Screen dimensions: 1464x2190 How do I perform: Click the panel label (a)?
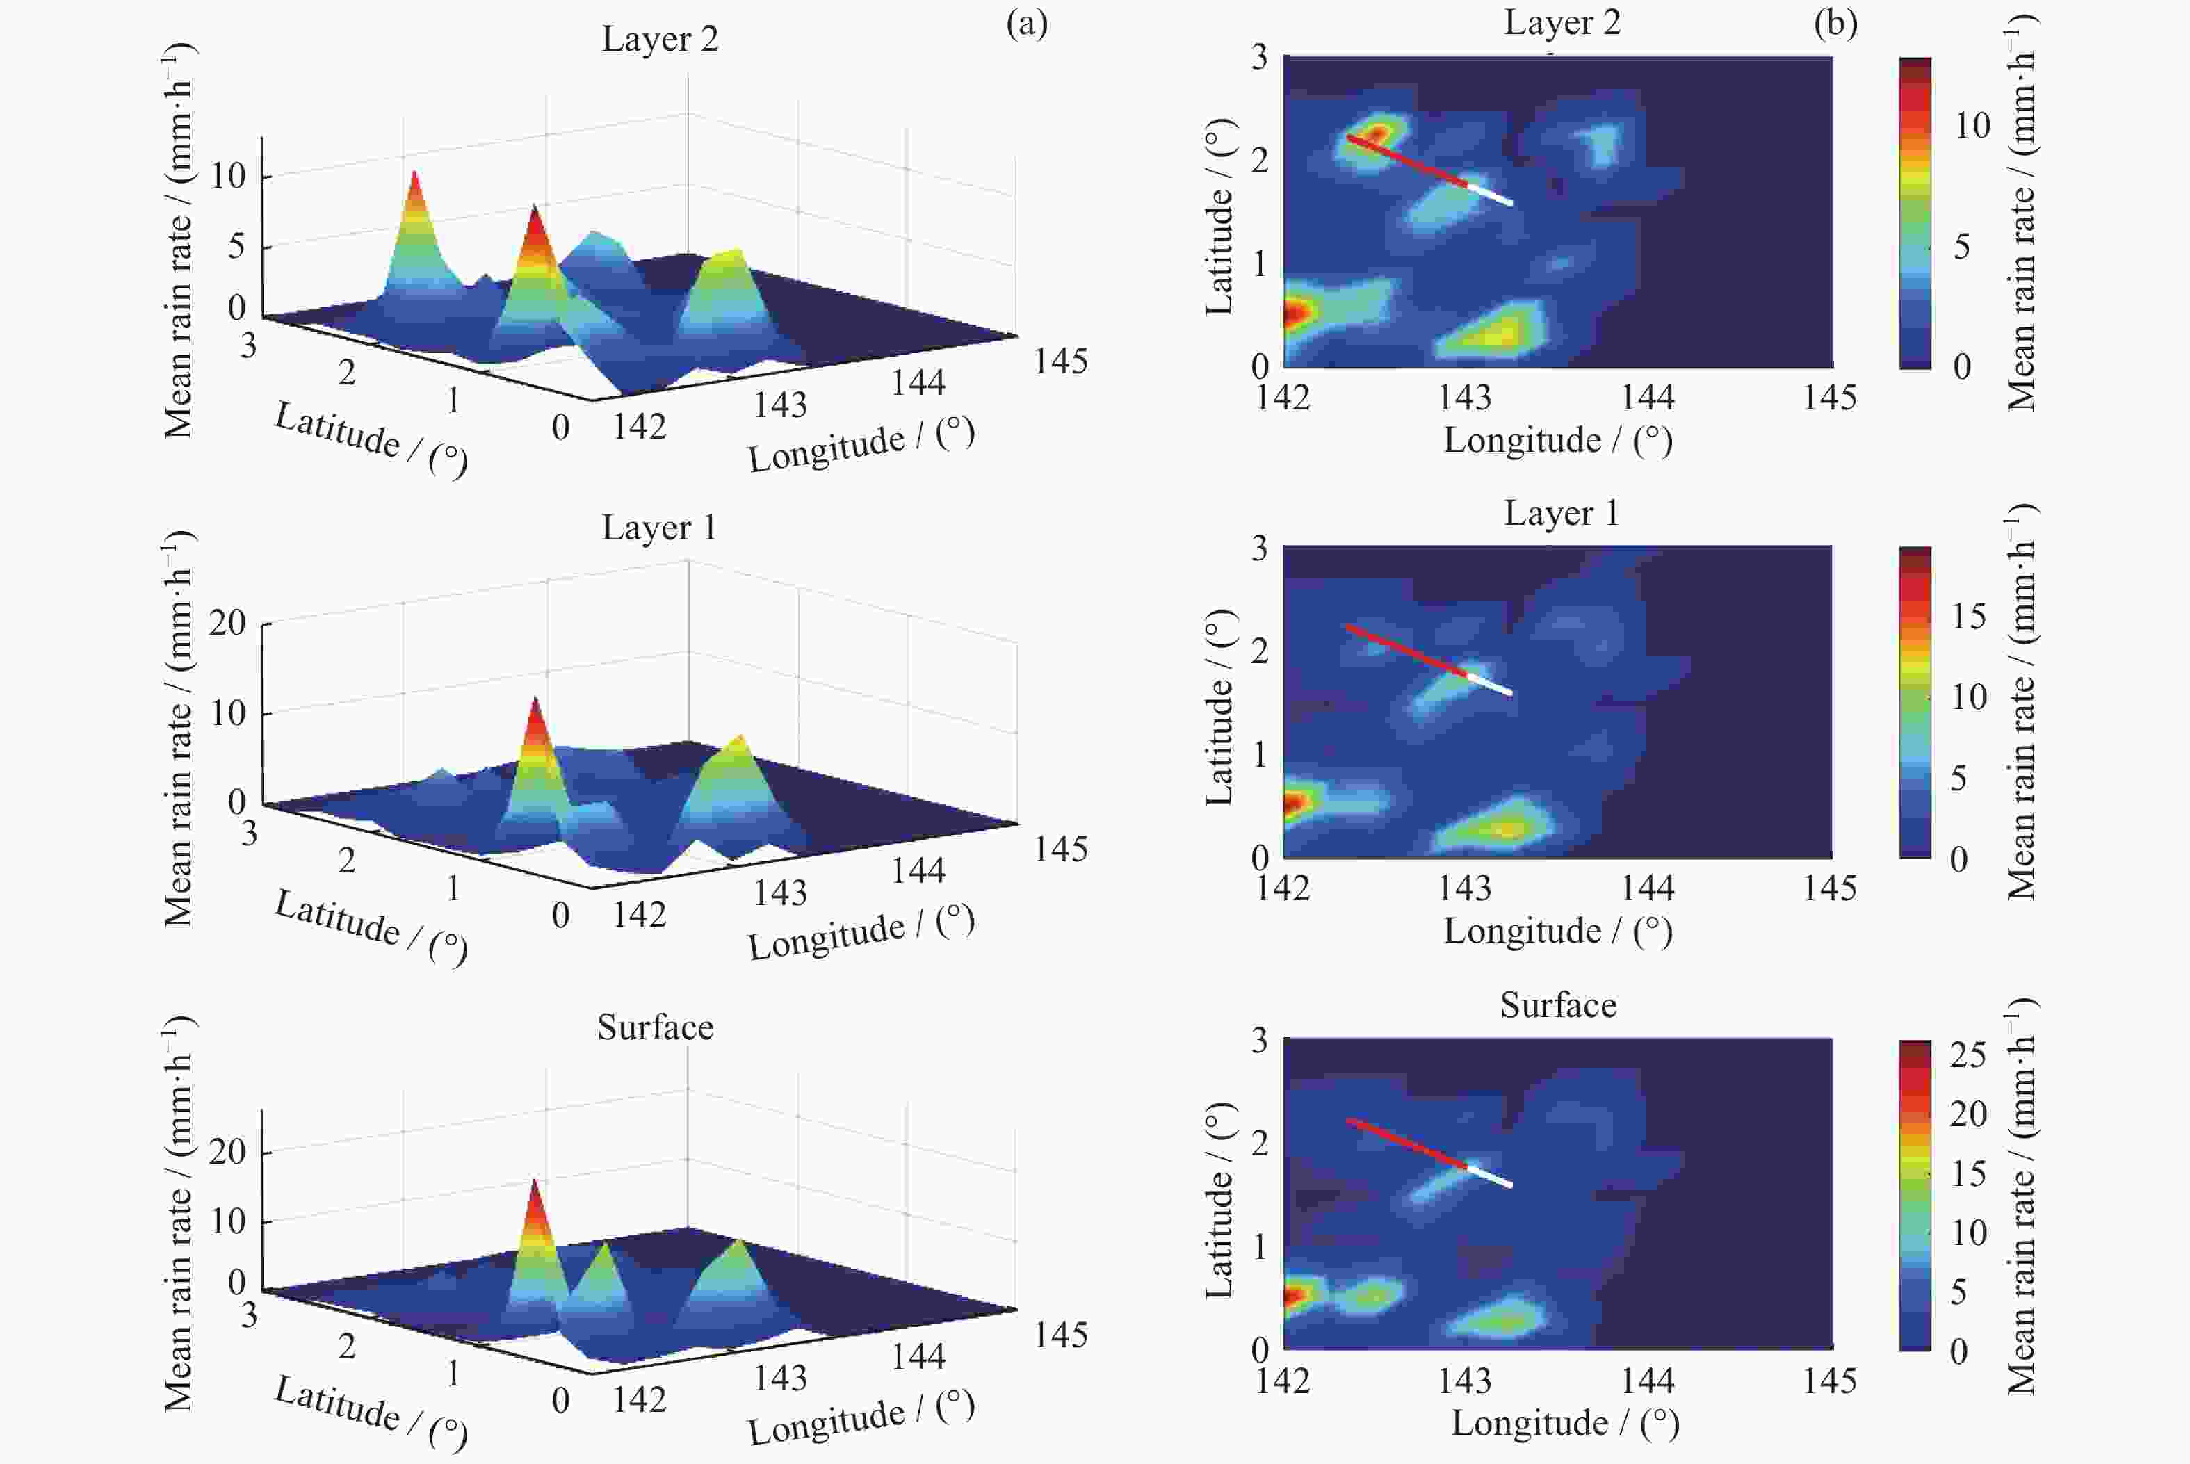1026,24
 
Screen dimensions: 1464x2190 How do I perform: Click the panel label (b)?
1834,24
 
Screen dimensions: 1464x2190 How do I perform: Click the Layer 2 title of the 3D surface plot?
659,39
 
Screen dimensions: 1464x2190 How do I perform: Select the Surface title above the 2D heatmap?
1557,1005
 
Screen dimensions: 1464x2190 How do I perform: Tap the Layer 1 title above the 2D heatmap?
1561,512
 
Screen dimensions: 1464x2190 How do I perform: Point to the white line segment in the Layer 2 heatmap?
1489,194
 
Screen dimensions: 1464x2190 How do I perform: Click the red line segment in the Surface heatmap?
1406,1143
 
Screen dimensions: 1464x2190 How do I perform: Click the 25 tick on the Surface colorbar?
1967,1055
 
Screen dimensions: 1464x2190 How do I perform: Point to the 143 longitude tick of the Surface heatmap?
1463,1381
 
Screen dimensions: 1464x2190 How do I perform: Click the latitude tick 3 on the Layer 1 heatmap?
1259,548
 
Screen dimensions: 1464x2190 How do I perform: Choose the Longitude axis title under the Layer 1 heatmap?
1557,931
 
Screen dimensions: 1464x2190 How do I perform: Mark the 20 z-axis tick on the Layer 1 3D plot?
227,622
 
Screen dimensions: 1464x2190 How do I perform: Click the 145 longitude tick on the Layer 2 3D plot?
1060,361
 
